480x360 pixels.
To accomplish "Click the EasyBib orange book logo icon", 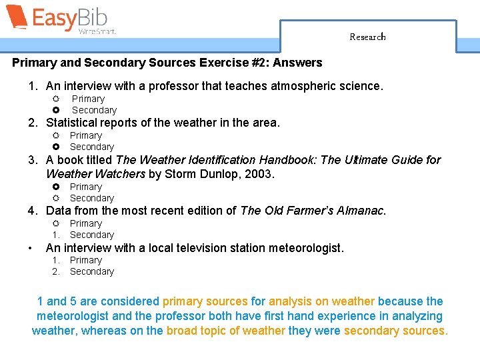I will [16, 17].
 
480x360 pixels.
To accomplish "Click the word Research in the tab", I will [367, 37].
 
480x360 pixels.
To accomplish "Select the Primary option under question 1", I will [88, 99].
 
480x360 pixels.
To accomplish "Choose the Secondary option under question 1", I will [94, 110].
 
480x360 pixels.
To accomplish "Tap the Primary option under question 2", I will [86, 135].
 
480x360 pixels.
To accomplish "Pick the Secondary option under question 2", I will [92, 147].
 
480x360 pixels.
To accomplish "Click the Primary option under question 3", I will [86, 187].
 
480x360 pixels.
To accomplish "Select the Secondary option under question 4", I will [92, 235].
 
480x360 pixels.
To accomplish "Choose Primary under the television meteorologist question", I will [86, 260].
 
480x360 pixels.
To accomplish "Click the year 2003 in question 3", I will [261, 174].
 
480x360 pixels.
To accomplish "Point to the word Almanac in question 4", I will [361, 211].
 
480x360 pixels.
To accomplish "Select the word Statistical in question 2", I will [70, 123].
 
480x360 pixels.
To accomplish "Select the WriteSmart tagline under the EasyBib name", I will [97, 31].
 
